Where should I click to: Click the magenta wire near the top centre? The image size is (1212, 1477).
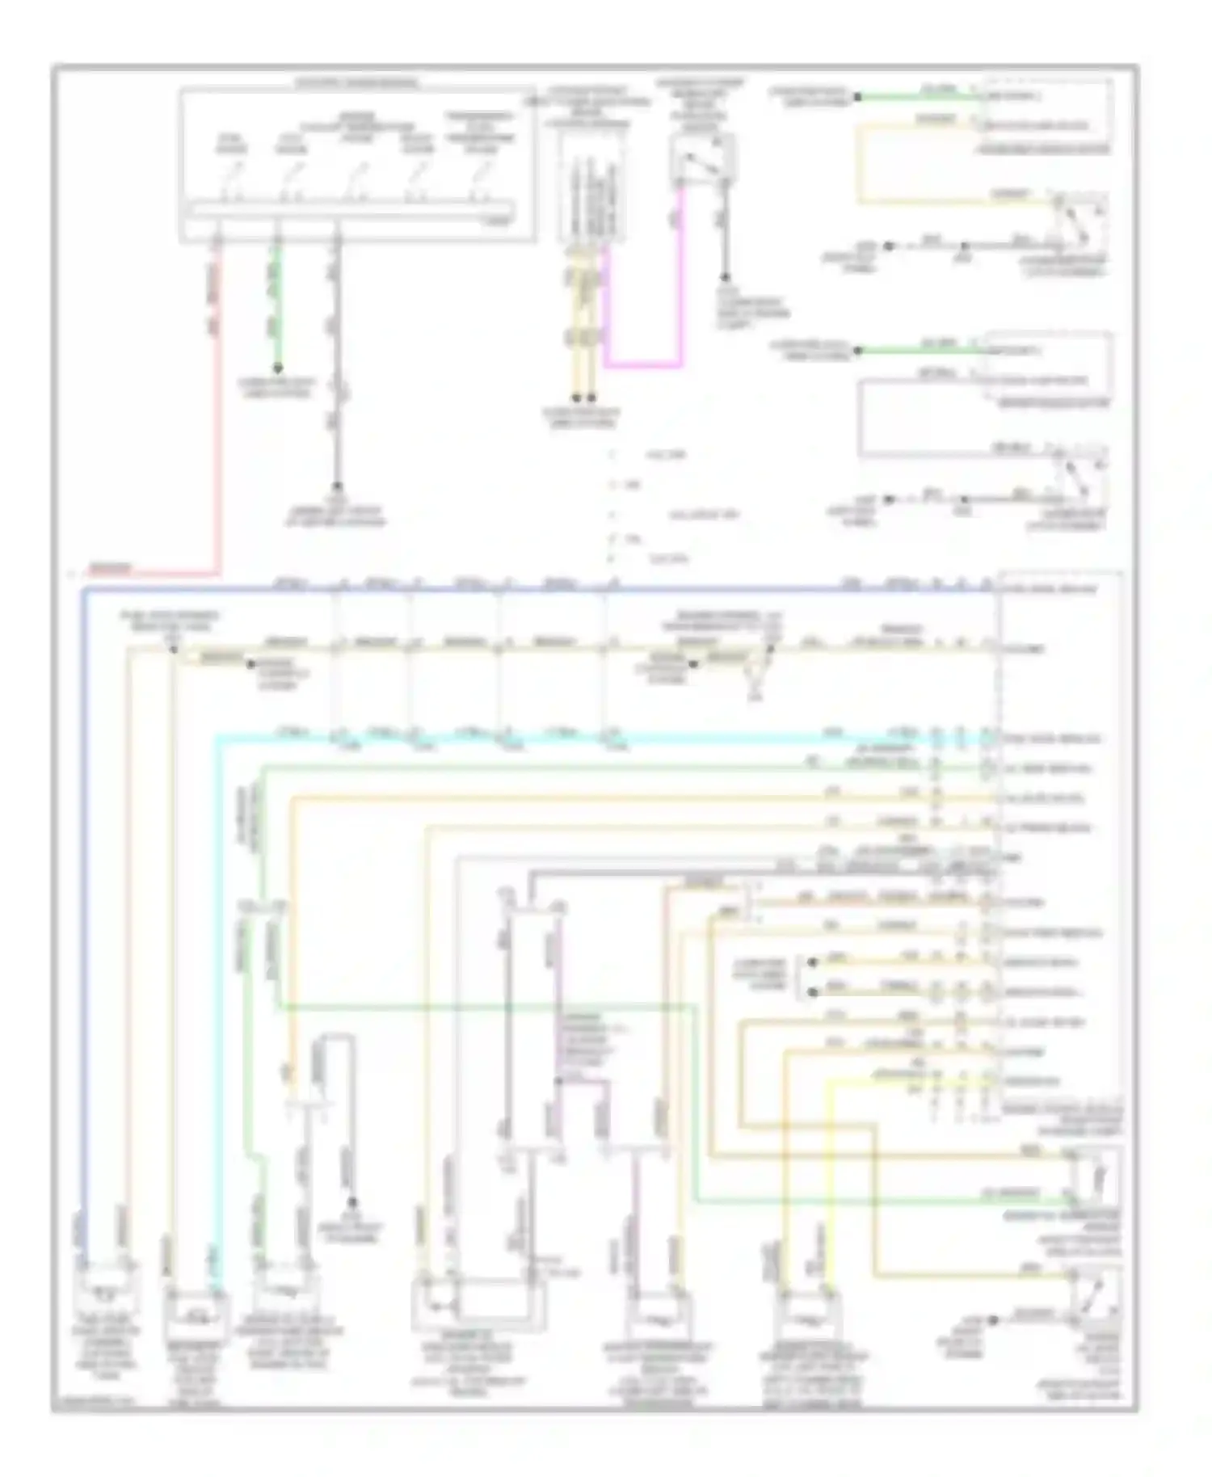pyautogui.click(x=681, y=283)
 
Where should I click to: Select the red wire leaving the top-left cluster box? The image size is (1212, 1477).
pyautogui.click(x=217, y=404)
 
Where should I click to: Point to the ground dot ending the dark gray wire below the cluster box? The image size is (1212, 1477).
pyautogui.click(x=337, y=486)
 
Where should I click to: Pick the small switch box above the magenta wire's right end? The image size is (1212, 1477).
pyautogui.click(x=702, y=158)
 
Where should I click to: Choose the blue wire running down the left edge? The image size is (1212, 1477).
pyautogui.click(x=82, y=889)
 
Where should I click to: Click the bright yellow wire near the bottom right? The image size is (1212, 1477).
pyautogui.click(x=825, y=1172)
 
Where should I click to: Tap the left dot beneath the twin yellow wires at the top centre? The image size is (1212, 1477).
pyautogui.click(x=577, y=398)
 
